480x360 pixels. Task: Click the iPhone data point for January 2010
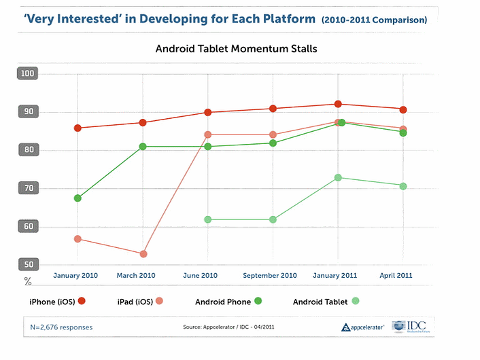click(78, 128)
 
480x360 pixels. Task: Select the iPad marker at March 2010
click(143, 254)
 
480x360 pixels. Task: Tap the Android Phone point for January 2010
click(78, 198)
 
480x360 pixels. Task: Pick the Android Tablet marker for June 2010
click(207, 219)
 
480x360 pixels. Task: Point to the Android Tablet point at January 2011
click(338, 177)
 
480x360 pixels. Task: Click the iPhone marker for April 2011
click(403, 109)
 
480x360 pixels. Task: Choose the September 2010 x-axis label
click(271, 275)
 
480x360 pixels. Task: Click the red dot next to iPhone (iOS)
click(82, 301)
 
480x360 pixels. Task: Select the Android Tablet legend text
click(320, 301)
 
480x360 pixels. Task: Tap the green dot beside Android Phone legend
click(258, 301)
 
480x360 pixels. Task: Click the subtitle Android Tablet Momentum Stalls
click(236, 49)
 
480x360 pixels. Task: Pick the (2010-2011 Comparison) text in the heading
click(374, 20)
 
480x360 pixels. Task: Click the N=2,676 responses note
click(61, 327)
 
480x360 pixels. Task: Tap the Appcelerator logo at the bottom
click(363, 327)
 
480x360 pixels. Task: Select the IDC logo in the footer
click(409, 326)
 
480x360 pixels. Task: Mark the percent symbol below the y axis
click(28, 279)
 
